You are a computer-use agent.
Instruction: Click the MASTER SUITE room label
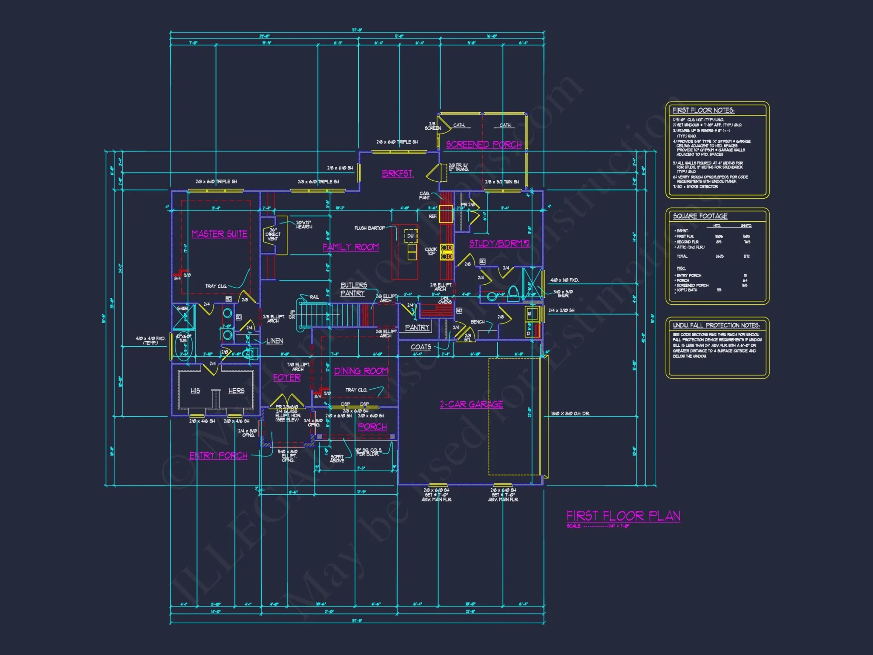(220, 234)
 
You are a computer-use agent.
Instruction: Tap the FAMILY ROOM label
(351, 247)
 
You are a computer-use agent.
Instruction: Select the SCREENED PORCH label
(484, 145)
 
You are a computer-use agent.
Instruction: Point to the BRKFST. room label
(398, 173)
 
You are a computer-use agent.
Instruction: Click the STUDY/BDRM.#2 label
(499, 243)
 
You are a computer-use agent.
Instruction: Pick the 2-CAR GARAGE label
(471, 404)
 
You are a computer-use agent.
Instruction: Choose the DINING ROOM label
(361, 371)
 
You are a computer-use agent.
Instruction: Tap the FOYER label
(287, 377)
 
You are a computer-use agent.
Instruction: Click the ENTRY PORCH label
(218, 455)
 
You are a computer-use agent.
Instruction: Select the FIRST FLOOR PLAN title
(623, 516)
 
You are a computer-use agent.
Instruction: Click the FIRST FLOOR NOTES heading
(703, 110)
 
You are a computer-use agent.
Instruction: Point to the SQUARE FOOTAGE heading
(700, 216)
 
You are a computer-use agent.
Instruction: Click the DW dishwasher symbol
(410, 236)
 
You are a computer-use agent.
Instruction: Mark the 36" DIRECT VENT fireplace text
(273, 234)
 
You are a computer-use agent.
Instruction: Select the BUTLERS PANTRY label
(354, 289)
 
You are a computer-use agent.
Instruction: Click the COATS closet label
(421, 347)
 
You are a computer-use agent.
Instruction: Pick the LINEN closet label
(275, 341)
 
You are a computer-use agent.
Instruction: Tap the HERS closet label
(236, 391)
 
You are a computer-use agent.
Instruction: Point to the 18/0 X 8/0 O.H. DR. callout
(570, 414)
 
